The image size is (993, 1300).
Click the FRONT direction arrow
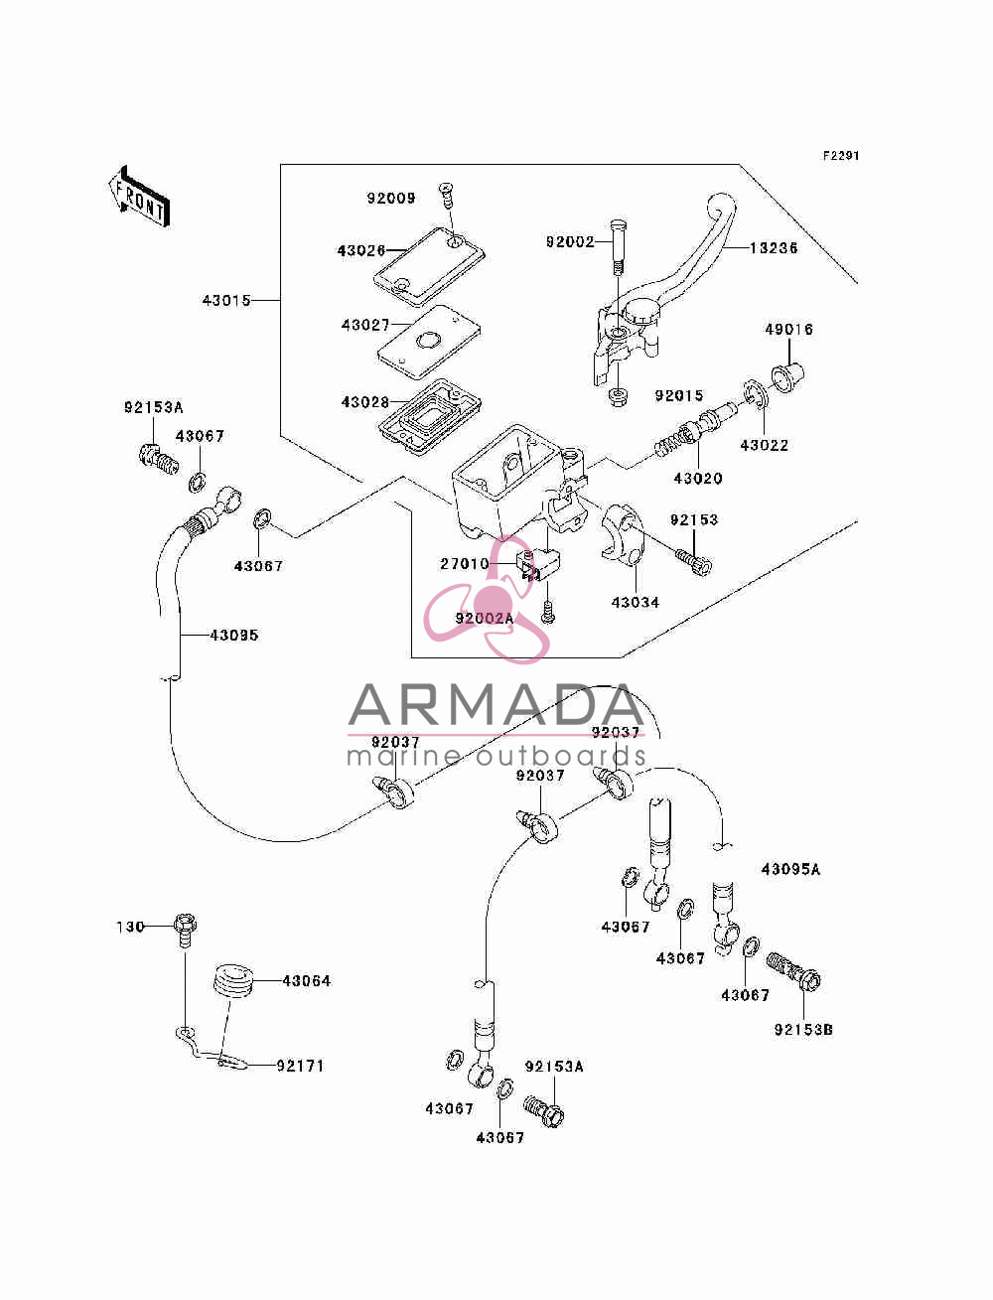tap(140, 196)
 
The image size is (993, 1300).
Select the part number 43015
tap(226, 300)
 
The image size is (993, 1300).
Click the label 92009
tap(391, 198)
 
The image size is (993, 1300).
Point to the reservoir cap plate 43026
tap(429, 267)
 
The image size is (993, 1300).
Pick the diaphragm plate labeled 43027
tap(429, 342)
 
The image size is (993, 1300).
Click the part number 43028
tap(364, 402)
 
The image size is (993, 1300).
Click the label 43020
tap(698, 478)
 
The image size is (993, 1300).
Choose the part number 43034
tap(635, 602)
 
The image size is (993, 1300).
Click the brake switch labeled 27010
tap(538, 564)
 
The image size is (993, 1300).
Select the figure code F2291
tap(841, 156)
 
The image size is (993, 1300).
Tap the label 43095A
tap(790, 869)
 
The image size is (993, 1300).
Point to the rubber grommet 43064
tap(233, 981)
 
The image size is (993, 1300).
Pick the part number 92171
tap(300, 1066)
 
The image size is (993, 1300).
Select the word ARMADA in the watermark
tap(496, 705)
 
